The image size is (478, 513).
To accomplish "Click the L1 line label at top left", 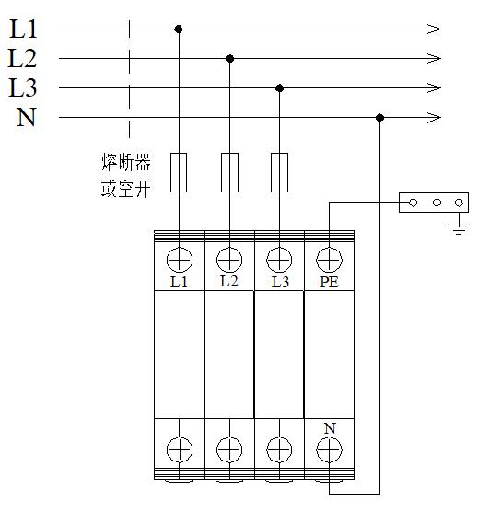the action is click(23, 29).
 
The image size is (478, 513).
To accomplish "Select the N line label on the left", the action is click(26, 117).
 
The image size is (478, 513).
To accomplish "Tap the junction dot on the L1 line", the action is click(179, 29).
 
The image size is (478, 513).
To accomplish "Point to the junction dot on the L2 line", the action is click(229, 59).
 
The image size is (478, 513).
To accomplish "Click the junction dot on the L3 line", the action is click(279, 88).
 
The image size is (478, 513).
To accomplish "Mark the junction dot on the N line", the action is click(379, 118).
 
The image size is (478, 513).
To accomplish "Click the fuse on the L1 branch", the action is click(179, 172).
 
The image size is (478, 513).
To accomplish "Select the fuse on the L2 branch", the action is click(229, 172).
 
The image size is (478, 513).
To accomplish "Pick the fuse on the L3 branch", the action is click(279, 172).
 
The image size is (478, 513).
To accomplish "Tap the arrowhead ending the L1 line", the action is click(434, 29).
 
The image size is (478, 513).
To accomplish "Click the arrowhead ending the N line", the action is click(434, 117).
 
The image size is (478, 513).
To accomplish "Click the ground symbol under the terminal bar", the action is click(459, 230).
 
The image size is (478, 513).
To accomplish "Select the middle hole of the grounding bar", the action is click(437, 203).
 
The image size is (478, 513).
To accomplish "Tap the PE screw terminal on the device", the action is click(329, 260).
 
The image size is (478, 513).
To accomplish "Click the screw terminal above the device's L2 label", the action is click(229, 260).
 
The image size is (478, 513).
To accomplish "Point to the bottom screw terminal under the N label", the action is click(329, 449).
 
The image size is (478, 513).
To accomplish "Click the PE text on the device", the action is click(329, 282).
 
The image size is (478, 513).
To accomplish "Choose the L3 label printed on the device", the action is click(280, 282).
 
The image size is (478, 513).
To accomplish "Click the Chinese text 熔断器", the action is click(126, 162).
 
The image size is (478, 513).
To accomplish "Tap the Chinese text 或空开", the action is click(126, 189).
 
